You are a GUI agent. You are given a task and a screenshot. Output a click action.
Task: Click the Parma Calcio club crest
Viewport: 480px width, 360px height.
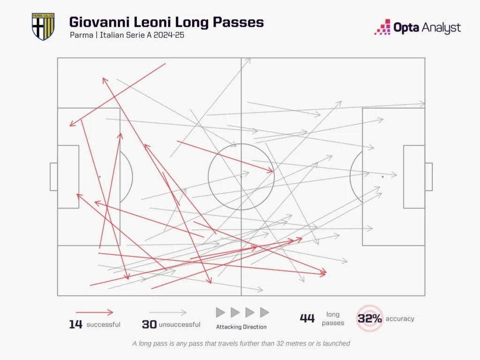[x=43, y=26]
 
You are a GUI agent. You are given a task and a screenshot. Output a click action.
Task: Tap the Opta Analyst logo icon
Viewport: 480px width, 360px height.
[x=382, y=27]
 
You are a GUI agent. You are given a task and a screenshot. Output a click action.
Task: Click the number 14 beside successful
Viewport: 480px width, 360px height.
[x=76, y=324]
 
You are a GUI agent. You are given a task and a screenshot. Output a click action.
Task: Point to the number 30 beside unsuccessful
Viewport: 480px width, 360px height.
[x=149, y=324]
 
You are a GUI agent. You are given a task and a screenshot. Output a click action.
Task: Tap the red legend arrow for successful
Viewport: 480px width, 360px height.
[x=94, y=312]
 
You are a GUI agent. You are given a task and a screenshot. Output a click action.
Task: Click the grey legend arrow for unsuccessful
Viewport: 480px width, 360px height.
[x=168, y=312]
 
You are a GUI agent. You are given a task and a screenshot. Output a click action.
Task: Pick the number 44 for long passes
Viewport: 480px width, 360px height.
[x=307, y=319]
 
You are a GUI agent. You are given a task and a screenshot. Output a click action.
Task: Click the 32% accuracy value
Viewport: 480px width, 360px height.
[x=370, y=319]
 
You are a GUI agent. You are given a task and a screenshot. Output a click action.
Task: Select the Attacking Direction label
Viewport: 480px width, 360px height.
[x=241, y=327]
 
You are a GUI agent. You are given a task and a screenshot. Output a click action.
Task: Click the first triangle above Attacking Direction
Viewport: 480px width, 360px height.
[x=220, y=312]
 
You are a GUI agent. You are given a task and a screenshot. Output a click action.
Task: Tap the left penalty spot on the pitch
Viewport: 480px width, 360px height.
[x=100, y=177]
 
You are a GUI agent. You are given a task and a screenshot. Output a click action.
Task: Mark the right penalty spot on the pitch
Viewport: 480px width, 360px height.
[x=382, y=177]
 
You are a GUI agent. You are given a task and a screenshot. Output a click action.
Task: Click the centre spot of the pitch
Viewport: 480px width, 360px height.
[x=241, y=177]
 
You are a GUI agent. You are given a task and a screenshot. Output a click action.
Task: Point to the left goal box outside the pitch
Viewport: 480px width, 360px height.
[x=54, y=177]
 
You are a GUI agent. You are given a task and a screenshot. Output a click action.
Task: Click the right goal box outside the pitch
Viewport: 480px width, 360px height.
[x=428, y=177]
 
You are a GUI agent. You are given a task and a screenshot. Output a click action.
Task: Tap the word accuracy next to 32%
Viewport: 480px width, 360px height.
[x=400, y=319]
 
